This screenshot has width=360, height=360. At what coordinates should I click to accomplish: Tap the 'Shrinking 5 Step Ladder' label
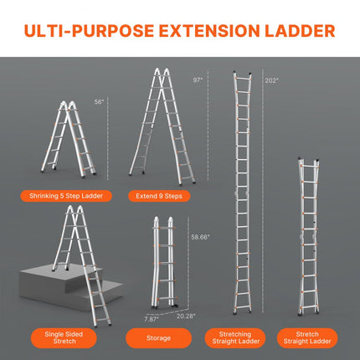(75, 196)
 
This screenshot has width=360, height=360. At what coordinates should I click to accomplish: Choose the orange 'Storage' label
(160, 338)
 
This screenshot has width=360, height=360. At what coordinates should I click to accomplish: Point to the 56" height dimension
(99, 101)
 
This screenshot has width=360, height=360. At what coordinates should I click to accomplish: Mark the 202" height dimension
(270, 81)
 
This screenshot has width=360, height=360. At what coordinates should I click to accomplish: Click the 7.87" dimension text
(150, 318)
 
